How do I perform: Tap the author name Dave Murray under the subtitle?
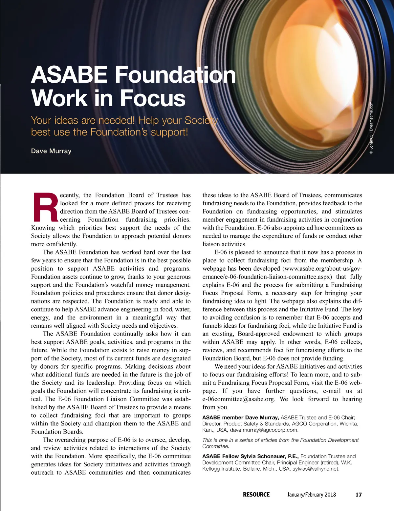coord(51,151)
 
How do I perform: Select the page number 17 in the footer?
coord(359,495)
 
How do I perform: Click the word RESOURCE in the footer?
coord(256,495)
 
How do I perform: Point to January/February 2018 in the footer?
coord(312,495)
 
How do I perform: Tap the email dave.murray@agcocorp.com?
coord(264,430)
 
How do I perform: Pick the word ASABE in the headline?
coord(69,75)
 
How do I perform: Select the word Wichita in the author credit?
coord(349,424)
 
